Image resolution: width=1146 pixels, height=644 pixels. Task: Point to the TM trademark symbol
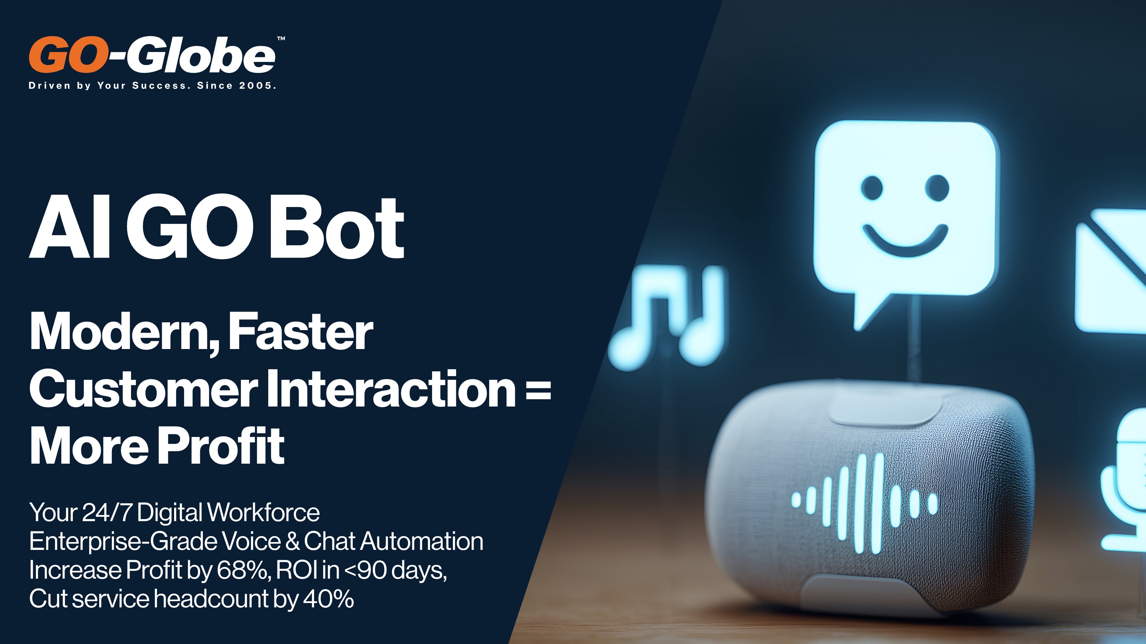click(x=281, y=39)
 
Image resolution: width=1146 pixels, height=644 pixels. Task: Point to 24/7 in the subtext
click(x=107, y=512)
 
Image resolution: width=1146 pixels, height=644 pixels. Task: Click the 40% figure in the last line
click(x=328, y=598)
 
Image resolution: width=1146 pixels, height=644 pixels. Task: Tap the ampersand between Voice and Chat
click(x=292, y=541)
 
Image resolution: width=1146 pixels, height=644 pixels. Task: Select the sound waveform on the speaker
click(x=864, y=503)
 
